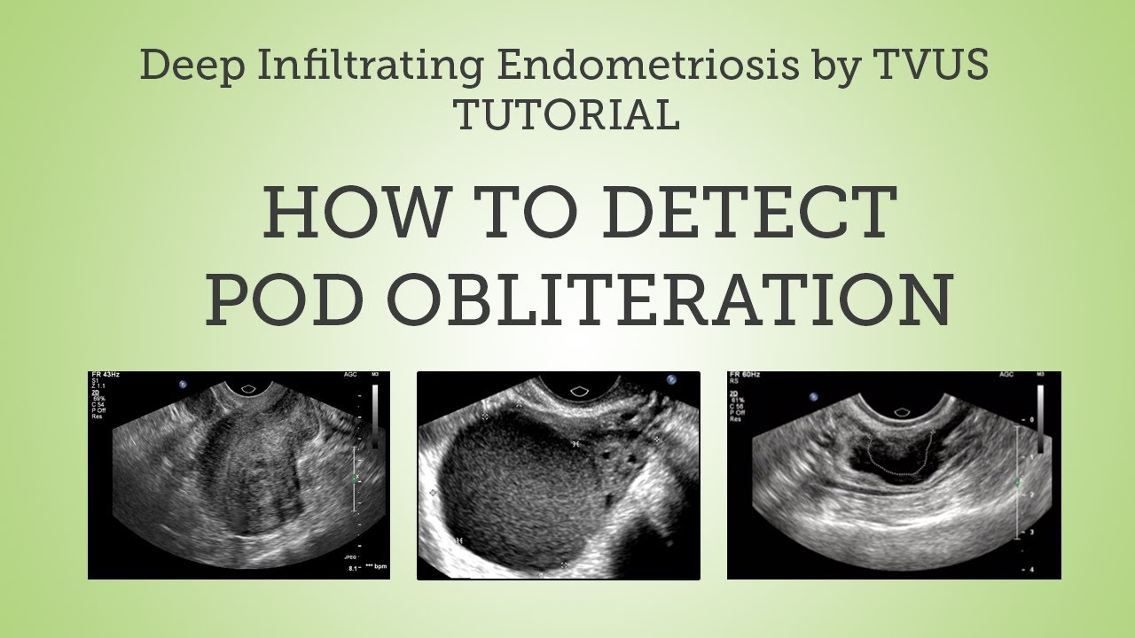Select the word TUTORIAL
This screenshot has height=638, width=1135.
[x=567, y=114]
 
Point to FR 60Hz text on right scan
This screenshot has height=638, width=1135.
[x=742, y=377]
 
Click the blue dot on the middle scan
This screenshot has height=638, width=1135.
[x=671, y=380]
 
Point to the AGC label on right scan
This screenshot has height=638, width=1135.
[x=1005, y=376]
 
